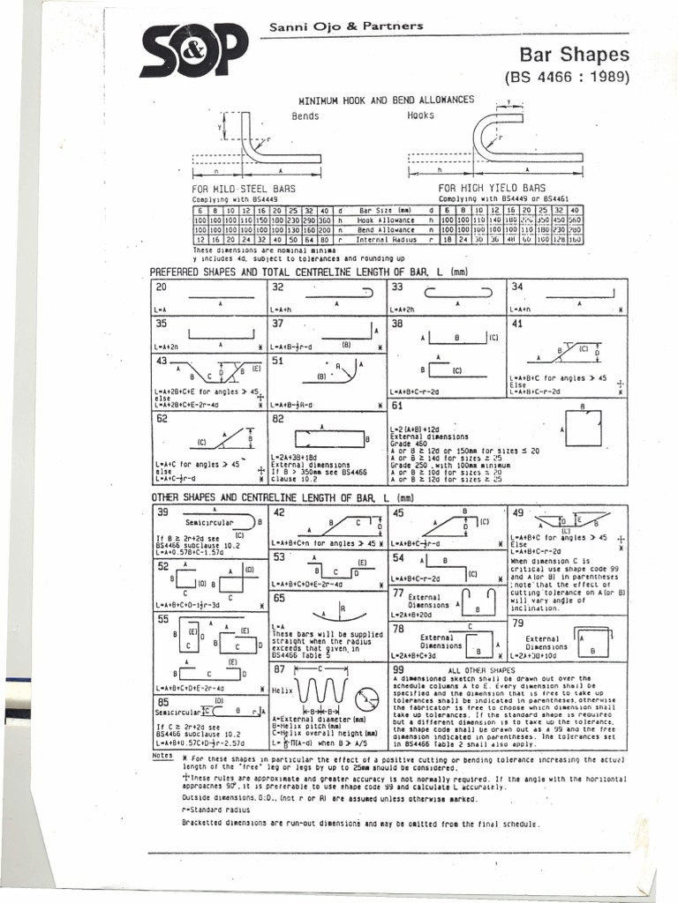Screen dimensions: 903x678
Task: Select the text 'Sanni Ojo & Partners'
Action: pyautogui.click(x=346, y=26)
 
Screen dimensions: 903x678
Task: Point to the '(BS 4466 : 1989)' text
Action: pyautogui.click(x=567, y=77)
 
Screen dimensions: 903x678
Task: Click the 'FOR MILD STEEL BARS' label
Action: pyautogui.click(x=244, y=189)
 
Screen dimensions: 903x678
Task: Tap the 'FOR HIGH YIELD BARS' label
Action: pyautogui.click(x=491, y=189)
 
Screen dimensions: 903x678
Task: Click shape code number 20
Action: pyautogui.click(x=162, y=287)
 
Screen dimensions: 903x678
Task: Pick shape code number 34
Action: pyautogui.click(x=517, y=287)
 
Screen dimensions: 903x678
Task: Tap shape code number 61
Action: pyautogui.click(x=397, y=407)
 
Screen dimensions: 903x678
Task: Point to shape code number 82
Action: pyautogui.click(x=278, y=419)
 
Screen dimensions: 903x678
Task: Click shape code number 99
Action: pyautogui.click(x=398, y=671)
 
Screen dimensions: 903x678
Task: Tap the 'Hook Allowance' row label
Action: pyautogui.click(x=386, y=220)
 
